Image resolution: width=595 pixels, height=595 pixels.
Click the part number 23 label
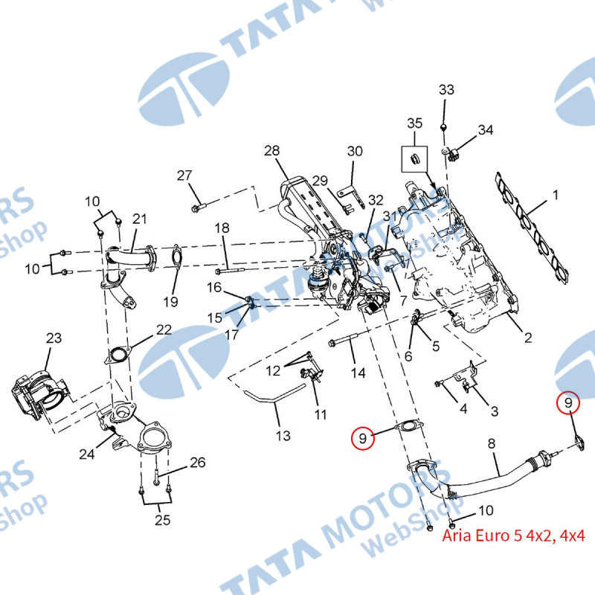click(54, 338)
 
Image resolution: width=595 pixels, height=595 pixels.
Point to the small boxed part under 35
click(414, 158)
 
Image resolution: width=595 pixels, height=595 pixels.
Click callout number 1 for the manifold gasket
click(555, 196)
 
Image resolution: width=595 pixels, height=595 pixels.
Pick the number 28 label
click(271, 151)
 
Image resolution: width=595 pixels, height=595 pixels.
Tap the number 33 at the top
click(446, 90)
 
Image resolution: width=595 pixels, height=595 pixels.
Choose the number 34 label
click(485, 130)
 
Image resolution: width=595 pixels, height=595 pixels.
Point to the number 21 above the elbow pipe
click(140, 219)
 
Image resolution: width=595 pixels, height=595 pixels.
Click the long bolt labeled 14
click(344, 344)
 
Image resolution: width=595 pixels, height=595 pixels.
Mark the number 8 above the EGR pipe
click(491, 444)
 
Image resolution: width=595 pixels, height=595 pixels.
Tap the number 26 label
click(197, 463)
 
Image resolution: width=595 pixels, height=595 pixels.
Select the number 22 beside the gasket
click(164, 329)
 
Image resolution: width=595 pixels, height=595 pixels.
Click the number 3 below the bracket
click(494, 411)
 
